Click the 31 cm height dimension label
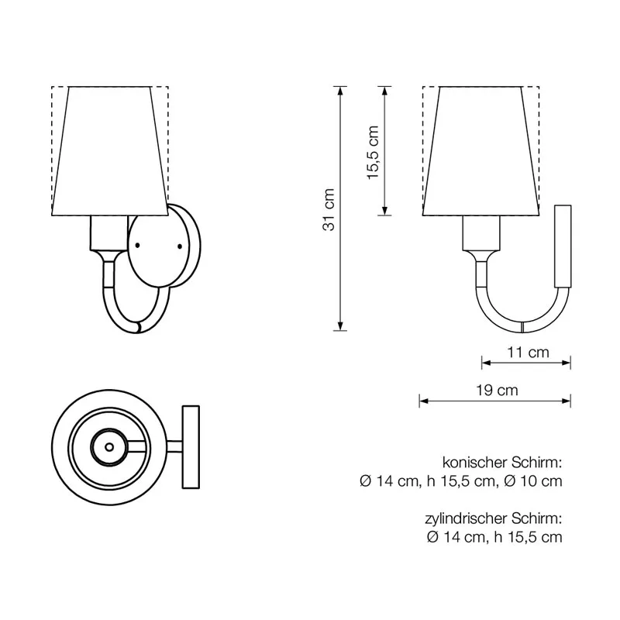click(329, 209)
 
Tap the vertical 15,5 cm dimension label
click(373, 152)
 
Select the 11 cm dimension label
click(528, 352)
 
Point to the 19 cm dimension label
click(497, 391)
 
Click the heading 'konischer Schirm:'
click(501, 462)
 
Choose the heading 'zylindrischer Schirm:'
click(494, 518)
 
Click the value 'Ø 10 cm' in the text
click(533, 480)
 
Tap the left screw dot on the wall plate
click(137, 246)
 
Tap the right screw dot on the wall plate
click(180, 246)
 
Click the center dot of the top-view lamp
click(109, 447)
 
